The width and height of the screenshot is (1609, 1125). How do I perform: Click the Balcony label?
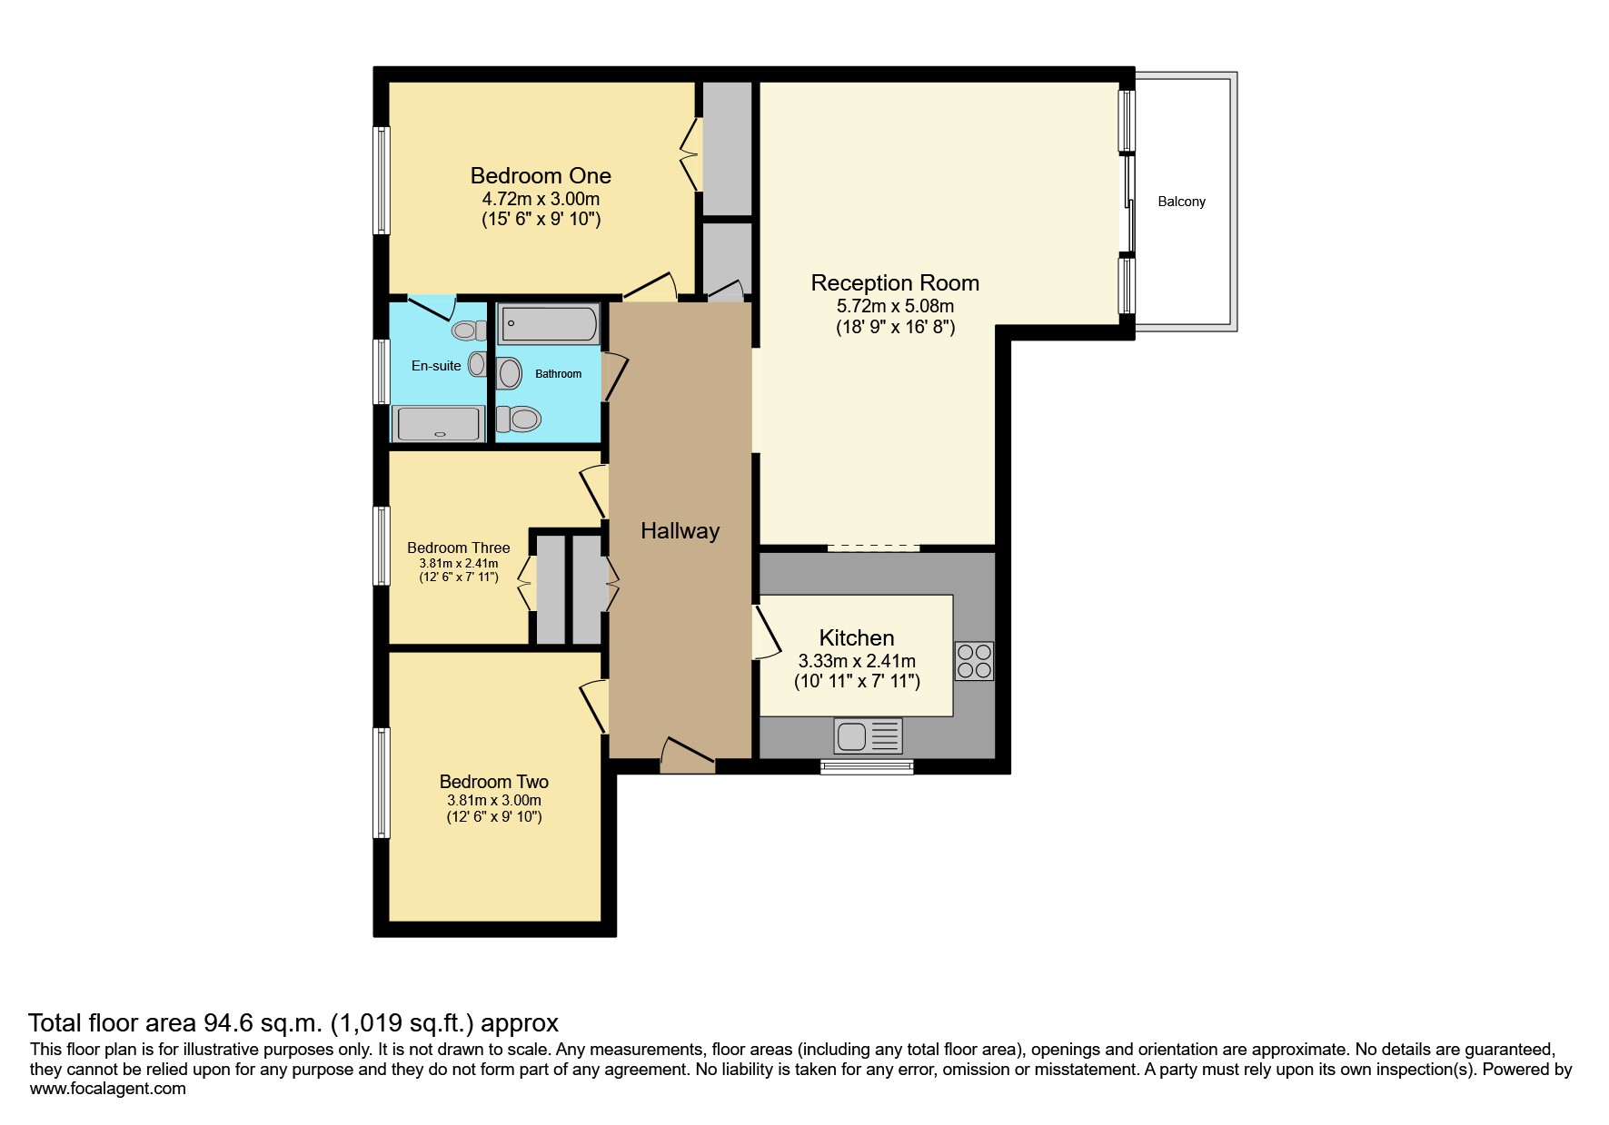[1181, 202]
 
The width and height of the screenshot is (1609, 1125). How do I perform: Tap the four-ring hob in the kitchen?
[974, 661]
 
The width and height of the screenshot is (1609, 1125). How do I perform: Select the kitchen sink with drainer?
[869, 735]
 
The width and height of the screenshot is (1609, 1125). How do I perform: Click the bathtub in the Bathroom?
[549, 324]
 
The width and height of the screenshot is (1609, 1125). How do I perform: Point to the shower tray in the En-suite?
[438, 424]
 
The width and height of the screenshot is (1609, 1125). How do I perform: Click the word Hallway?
[680, 531]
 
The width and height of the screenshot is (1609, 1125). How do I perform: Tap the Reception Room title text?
[895, 283]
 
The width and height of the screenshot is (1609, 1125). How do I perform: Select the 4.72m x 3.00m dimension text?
[541, 199]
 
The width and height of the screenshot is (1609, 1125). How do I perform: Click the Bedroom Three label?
[458, 548]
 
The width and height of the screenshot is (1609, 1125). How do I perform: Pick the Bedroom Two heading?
[493, 782]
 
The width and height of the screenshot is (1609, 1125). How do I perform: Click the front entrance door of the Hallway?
[687, 755]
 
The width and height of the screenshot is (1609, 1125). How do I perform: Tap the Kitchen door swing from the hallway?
[766, 632]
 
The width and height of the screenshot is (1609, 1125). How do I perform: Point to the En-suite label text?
[436, 366]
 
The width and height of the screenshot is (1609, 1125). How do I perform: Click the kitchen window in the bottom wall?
[867, 767]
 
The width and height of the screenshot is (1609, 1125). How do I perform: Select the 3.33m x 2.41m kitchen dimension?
[857, 661]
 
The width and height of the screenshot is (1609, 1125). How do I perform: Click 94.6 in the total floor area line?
[227, 1023]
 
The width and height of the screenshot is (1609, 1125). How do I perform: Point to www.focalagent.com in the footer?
[107, 1089]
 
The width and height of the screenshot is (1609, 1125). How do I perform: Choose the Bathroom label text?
[558, 374]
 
